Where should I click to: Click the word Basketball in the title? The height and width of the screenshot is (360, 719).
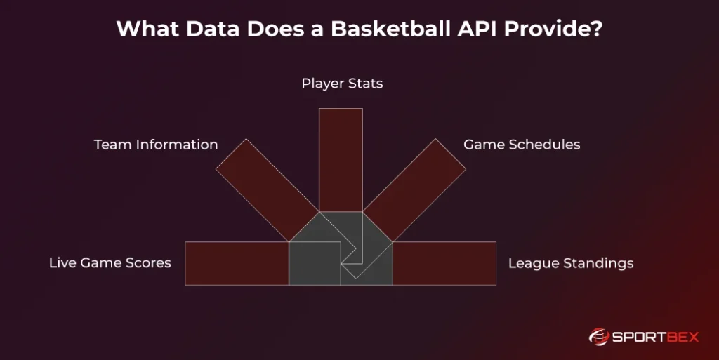coord(390,28)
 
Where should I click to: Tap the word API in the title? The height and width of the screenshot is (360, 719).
coord(477,28)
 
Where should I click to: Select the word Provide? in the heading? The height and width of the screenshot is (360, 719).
coord(553,28)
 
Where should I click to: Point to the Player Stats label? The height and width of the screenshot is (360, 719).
coord(342,84)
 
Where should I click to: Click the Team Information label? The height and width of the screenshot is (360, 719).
coord(156,145)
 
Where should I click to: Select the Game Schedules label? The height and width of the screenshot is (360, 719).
coord(522,145)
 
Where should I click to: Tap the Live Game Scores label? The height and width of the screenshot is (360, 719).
coord(110,262)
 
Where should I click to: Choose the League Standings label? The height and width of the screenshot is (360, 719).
coord(571,263)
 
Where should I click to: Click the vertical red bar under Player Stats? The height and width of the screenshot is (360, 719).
coord(341,160)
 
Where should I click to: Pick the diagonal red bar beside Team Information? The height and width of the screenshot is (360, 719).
coord(268,190)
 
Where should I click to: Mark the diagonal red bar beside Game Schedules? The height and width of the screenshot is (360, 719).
coord(414,190)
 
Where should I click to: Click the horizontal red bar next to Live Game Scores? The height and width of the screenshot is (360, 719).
coord(237,263)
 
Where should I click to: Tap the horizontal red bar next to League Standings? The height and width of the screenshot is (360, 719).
coord(444,263)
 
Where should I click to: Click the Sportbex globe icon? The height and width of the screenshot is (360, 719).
coord(598,337)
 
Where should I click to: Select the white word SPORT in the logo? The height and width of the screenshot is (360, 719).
coord(638,338)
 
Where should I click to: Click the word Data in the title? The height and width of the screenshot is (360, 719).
coord(213,28)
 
